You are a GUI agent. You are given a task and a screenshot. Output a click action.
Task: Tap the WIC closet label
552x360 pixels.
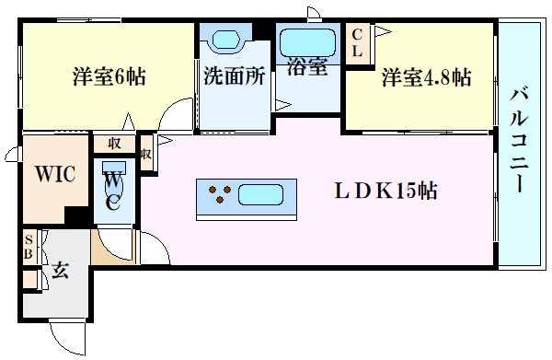pyautogui.click(x=55, y=174)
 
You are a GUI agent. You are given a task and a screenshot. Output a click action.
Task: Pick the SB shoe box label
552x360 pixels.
pyautogui.click(x=29, y=248)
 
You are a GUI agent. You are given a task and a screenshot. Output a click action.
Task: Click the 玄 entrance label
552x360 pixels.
pyautogui.click(x=59, y=273)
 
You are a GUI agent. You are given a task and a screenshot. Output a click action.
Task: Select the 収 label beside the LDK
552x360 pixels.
pyautogui.click(x=145, y=145)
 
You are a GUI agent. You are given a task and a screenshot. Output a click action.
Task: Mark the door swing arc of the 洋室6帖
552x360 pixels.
pyautogui.click(x=168, y=117)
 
